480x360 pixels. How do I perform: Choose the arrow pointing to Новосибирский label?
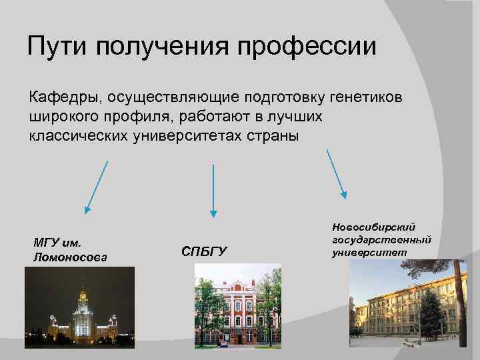click(x=337, y=173)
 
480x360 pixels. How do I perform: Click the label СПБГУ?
click(x=204, y=251)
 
